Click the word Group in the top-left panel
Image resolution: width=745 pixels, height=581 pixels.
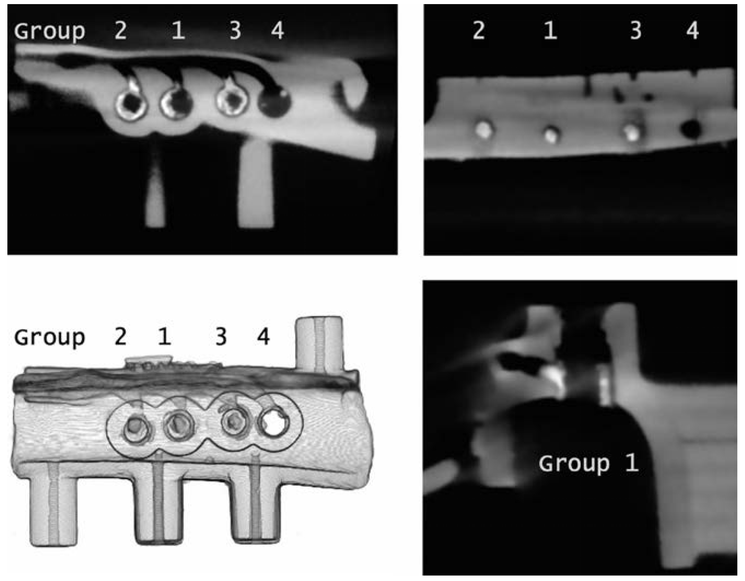(x=50, y=32)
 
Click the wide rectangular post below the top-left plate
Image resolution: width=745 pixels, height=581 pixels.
(x=256, y=184)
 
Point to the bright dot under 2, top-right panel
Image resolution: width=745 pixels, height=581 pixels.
(x=484, y=130)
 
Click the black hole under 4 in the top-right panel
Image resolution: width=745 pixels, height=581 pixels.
(x=691, y=129)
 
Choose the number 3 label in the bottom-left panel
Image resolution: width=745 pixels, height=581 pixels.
(x=221, y=337)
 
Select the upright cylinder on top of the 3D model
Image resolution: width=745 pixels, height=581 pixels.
(x=319, y=344)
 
